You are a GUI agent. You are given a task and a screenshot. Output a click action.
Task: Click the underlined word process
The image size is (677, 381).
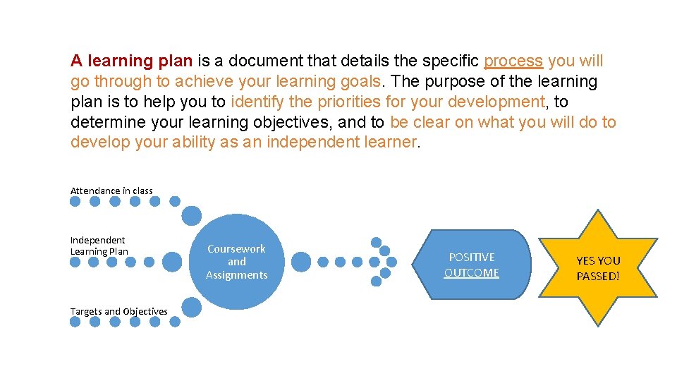[513, 61]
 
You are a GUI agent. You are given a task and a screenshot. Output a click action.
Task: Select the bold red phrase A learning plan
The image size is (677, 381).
[131, 61]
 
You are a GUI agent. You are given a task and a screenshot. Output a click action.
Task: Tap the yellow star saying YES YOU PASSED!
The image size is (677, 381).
[598, 268]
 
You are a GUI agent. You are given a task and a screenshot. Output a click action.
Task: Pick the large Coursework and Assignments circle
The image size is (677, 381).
[237, 262]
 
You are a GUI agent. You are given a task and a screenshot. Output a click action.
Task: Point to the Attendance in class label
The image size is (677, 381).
[111, 190]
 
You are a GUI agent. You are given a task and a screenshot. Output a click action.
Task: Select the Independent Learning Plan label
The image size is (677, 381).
[99, 246]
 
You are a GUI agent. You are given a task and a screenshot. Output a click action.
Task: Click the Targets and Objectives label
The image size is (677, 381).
[118, 311]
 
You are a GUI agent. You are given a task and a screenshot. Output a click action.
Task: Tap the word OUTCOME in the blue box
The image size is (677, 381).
[471, 273]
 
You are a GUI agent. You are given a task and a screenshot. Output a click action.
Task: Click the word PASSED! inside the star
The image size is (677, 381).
[598, 277]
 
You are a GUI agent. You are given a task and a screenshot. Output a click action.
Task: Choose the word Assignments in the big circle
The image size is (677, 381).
[237, 275]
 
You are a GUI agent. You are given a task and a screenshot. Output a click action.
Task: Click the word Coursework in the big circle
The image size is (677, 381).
[237, 249]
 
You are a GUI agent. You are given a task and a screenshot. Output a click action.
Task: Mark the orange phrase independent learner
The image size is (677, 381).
[342, 143]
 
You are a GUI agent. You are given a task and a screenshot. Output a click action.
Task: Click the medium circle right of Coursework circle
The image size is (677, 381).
[301, 262]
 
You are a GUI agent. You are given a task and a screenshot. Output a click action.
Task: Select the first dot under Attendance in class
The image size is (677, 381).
[75, 201]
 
